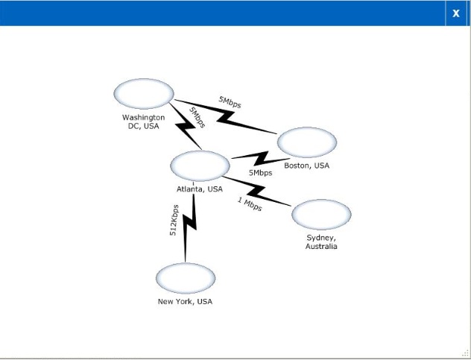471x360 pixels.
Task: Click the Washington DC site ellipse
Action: (x=144, y=94)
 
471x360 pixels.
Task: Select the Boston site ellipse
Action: (x=307, y=142)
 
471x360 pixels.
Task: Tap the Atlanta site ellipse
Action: (x=200, y=166)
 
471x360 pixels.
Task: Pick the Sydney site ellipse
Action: (x=321, y=215)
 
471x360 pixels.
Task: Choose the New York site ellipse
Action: (x=186, y=278)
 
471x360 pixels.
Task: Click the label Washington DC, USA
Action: (x=144, y=121)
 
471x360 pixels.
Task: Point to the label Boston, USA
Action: (x=307, y=165)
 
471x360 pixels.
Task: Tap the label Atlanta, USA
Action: (x=200, y=189)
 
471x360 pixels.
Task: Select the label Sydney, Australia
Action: (x=321, y=242)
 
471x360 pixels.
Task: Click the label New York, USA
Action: (x=185, y=301)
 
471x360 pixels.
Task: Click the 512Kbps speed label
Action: (x=174, y=221)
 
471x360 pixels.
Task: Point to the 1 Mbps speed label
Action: (x=250, y=204)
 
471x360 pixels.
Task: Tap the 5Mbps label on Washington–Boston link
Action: (x=230, y=102)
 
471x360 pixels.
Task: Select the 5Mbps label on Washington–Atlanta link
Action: (x=197, y=118)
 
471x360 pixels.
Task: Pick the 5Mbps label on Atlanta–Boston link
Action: (x=260, y=173)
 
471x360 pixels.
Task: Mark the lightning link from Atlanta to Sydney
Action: (x=256, y=192)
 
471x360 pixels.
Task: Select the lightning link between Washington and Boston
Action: (x=225, y=117)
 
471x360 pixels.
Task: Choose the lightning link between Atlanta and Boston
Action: (x=261, y=159)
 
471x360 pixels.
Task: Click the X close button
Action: (x=456, y=13)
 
